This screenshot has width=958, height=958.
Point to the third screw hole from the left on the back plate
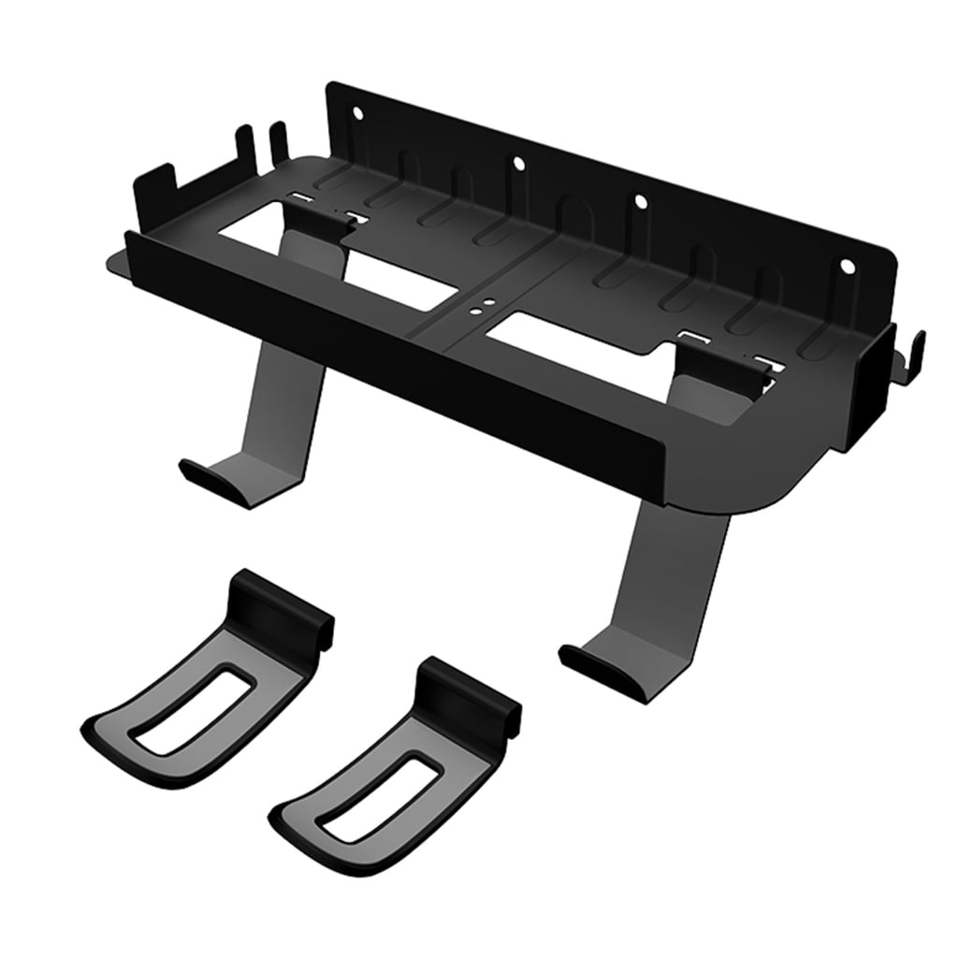click(x=640, y=202)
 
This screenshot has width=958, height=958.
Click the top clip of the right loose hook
click(x=468, y=688)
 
